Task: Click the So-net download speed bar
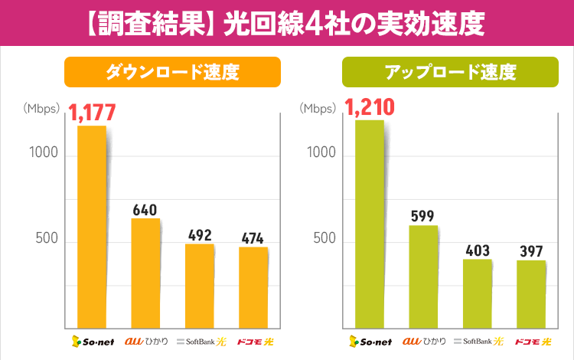pos(92,226)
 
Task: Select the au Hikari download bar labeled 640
pos(145,272)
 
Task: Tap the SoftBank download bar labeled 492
pos(200,285)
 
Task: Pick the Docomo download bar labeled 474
pos(253,286)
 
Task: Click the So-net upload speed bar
pos(370,223)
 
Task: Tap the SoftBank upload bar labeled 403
pos(477,293)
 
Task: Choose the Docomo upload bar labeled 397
pos(531,293)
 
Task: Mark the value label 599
pos(423,215)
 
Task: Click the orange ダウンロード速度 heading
pos(172,73)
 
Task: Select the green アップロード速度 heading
pos(450,73)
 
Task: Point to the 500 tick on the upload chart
pos(321,239)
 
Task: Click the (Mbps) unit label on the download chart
pos(41,108)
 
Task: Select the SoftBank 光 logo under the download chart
pos(200,341)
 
